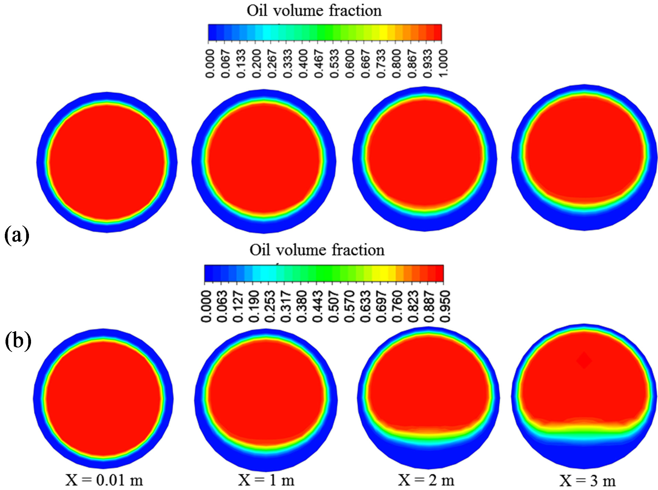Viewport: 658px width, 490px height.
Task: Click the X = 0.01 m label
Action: [104, 480]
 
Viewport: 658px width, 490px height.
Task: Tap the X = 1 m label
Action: [266, 480]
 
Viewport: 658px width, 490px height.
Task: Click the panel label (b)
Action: [18, 341]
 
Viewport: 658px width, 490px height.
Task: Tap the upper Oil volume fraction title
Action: [314, 11]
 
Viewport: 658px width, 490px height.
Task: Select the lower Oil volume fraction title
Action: [317, 250]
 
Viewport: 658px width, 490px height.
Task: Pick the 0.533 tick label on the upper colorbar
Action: [334, 63]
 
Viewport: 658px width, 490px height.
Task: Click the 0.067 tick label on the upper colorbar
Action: [225, 63]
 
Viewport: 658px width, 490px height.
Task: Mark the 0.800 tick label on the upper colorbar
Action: [396, 63]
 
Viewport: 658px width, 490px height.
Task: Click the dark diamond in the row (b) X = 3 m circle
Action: [584, 361]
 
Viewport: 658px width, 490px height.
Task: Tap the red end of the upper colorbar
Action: [437, 33]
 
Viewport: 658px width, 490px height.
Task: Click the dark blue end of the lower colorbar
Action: [208, 273]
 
